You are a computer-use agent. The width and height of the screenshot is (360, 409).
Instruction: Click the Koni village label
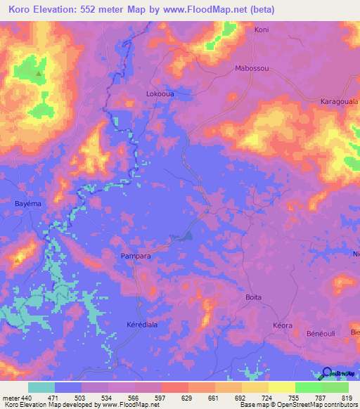[x=262, y=30]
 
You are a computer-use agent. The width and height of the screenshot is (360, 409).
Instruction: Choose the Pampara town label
[x=136, y=257]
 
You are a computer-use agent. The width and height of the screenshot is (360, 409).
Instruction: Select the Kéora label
[x=282, y=327]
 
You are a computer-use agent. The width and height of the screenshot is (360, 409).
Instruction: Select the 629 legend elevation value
[x=188, y=398]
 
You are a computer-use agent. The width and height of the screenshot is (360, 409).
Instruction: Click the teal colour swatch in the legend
[x=41, y=387]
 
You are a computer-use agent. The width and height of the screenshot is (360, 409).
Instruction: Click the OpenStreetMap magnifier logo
[x=327, y=372]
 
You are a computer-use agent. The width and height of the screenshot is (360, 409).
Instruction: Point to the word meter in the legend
[x=11, y=398]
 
